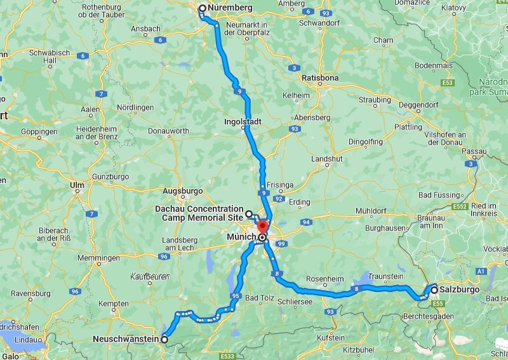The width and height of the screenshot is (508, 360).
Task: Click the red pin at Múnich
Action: coord(262,227)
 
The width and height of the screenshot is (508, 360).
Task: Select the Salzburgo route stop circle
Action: coord(434,290)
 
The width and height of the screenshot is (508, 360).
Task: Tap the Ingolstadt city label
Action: coord(243,121)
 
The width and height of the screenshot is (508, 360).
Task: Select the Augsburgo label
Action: coord(182,190)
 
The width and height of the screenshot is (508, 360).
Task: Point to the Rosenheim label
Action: coord(324,278)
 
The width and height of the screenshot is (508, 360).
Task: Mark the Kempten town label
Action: coord(114,304)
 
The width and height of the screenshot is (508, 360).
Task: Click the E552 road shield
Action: coord(461,207)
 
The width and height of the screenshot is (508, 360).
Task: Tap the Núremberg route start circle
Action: coord(203,8)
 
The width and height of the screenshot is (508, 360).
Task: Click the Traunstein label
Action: coord(387,277)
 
